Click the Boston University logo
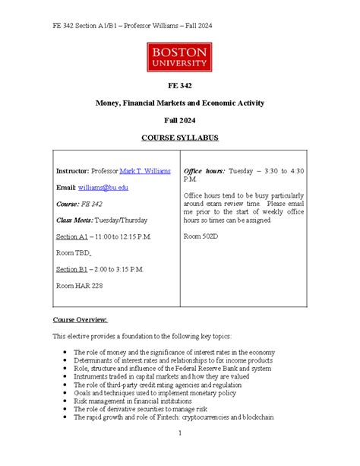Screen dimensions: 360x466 pos(179,57)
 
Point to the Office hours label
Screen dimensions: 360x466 pos(204,171)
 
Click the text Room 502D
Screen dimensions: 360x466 pos(201,236)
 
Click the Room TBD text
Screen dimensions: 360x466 pos(74,253)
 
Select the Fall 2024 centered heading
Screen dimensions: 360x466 pos(179,120)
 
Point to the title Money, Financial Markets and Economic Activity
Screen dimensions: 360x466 pos(179,103)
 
